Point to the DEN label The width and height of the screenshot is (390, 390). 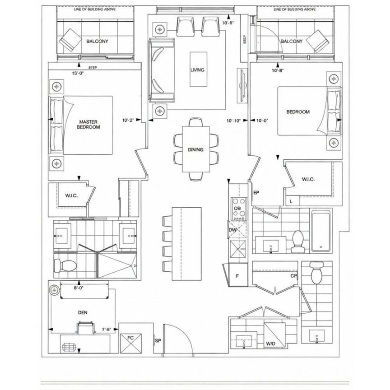(x=82, y=311)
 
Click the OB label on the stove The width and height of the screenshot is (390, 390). (x=238, y=208)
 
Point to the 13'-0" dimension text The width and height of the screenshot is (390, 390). (x=78, y=72)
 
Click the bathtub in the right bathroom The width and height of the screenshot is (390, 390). (x=321, y=230)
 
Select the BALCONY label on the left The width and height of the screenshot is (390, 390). (x=97, y=42)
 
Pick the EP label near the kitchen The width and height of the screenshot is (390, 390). (x=255, y=192)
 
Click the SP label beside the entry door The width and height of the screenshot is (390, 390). (x=158, y=341)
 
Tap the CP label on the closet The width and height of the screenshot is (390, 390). (x=293, y=276)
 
